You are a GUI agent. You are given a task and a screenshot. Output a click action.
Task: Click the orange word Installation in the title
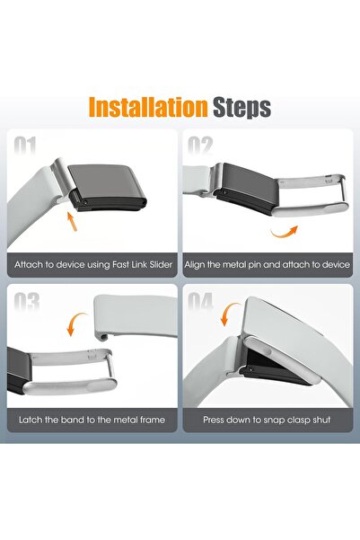[x=148, y=107]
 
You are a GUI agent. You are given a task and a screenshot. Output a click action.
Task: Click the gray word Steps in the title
[x=242, y=108]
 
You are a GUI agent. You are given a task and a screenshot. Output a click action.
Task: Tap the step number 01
[x=25, y=146]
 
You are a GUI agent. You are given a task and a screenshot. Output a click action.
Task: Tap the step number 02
[x=200, y=146]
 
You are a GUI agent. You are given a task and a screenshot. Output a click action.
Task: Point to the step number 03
[x=27, y=302]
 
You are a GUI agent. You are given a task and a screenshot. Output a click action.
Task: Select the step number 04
[x=201, y=302]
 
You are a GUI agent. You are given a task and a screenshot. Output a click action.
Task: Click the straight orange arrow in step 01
[x=72, y=221]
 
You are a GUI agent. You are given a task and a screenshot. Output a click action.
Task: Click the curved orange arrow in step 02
[x=285, y=232]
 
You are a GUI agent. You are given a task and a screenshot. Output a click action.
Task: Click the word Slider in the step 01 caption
[x=161, y=265]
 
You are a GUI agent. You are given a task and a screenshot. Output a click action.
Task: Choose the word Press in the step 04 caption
[x=214, y=420]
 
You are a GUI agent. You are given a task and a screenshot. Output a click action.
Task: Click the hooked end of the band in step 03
[x=101, y=335]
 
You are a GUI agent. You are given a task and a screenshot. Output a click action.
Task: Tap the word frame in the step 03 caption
[x=153, y=420]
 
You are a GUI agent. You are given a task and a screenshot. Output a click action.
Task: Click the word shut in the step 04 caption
[x=321, y=420]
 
